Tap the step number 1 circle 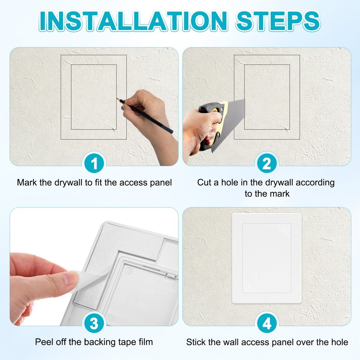(x=94, y=164)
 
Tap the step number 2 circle (x=267, y=164)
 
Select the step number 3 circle (x=94, y=323)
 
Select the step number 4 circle (x=267, y=323)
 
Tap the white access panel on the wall (x=267, y=258)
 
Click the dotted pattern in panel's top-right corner (x=284, y=229)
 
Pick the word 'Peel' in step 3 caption (x=44, y=342)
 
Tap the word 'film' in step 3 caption (x=145, y=342)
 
